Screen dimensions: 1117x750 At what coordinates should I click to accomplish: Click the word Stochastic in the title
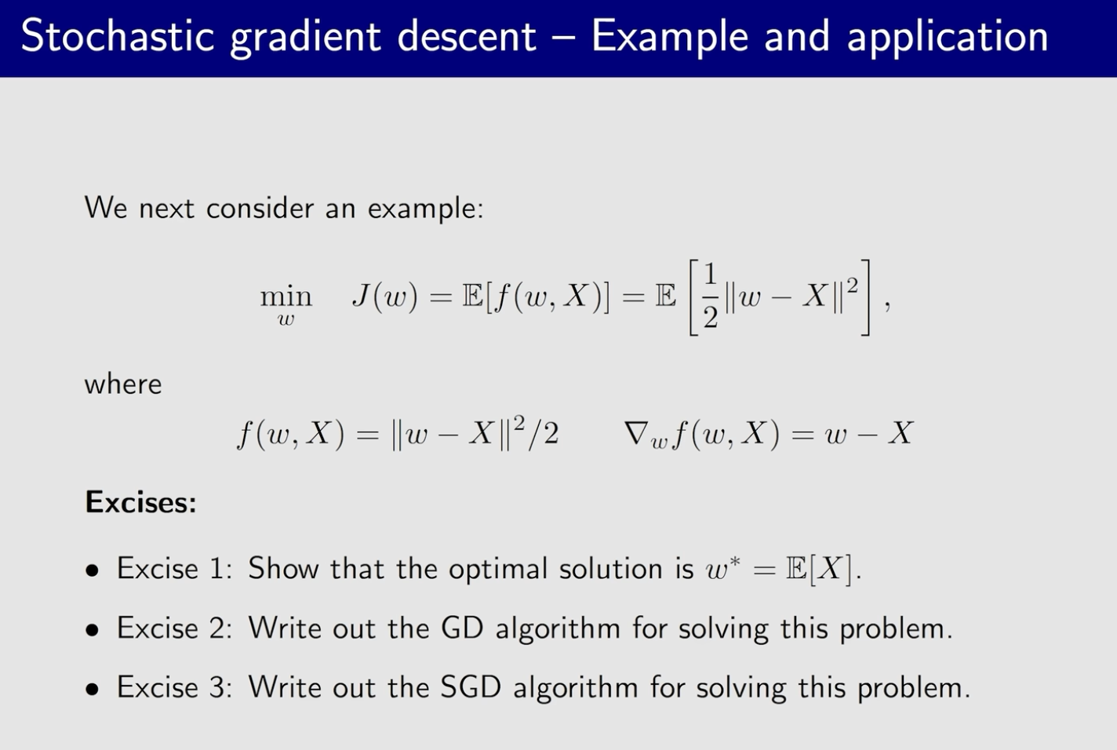(x=118, y=36)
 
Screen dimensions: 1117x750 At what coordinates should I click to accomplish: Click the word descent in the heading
(x=467, y=36)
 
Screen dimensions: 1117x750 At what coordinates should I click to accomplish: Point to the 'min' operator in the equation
(x=286, y=297)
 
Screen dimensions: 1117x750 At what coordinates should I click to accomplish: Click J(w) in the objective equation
(x=384, y=297)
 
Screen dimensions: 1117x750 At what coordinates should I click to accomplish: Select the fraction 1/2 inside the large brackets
(x=711, y=297)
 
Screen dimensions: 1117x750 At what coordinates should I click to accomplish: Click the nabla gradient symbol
(x=637, y=432)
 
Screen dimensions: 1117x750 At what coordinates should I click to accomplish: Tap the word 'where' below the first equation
(x=123, y=384)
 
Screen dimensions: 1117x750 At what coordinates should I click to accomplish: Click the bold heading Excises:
(x=140, y=501)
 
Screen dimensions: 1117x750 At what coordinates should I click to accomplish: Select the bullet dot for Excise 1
(x=93, y=570)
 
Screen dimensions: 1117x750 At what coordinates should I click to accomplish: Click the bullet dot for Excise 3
(x=93, y=689)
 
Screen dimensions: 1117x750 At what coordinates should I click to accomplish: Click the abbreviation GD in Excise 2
(x=462, y=628)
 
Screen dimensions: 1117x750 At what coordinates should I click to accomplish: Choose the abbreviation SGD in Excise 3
(x=471, y=686)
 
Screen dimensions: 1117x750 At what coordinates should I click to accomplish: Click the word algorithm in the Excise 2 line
(x=558, y=628)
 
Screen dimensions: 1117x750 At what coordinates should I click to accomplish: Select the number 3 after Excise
(x=216, y=687)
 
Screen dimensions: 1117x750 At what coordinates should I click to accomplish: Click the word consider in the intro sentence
(x=260, y=207)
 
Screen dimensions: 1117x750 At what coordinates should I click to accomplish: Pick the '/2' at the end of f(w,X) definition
(x=544, y=432)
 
